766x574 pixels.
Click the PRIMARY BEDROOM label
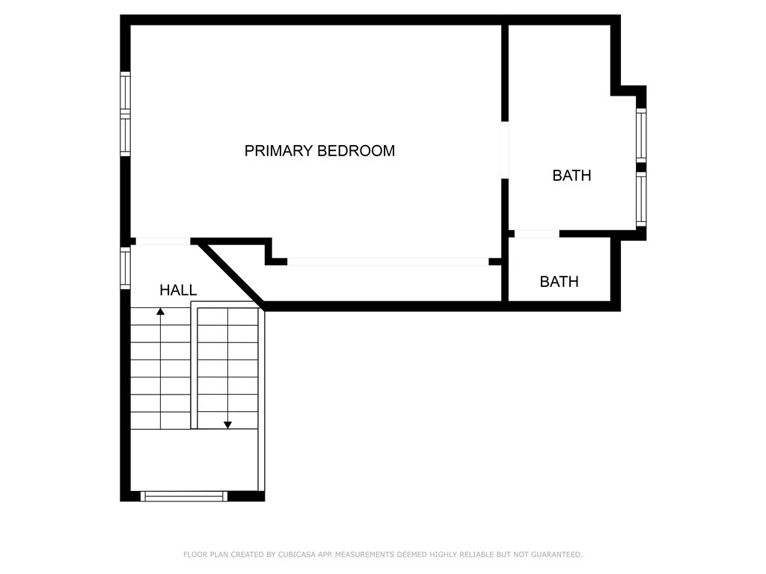click(x=319, y=151)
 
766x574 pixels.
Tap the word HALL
click(x=178, y=291)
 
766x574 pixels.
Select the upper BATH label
click(x=572, y=175)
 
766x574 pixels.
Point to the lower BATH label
click(x=559, y=282)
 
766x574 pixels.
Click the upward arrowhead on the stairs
click(x=160, y=311)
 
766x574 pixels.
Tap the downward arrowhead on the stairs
click(x=227, y=425)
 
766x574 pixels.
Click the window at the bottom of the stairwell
click(x=184, y=496)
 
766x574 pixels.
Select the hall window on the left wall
click(x=126, y=268)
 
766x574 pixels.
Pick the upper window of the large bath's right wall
click(x=641, y=135)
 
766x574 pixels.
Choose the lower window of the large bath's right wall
click(x=641, y=199)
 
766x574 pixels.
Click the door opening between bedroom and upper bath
click(x=505, y=149)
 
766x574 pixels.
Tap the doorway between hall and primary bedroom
click(x=162, y=241)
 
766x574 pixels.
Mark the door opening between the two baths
click(x=537, y=234)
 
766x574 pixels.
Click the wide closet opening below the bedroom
click(x=388, y=262)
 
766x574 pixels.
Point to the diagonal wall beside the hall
click(x=230, y=274)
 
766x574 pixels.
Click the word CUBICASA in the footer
click(x=297, y=555)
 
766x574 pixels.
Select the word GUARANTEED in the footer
click(x=557, y=555)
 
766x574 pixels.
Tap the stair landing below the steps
click(x=194, y=460)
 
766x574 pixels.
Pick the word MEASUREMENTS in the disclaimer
click(x=364, y=555)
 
